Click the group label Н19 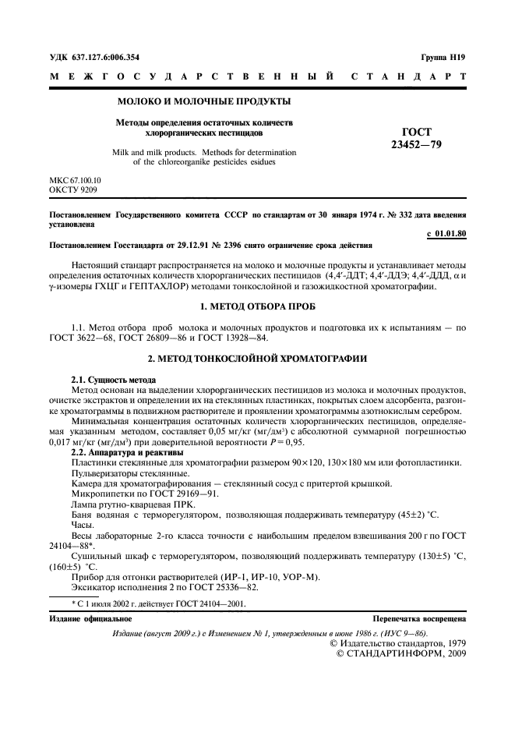coord(456,57)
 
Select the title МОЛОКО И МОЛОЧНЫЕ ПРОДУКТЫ coord(203,101)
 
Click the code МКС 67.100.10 coord(76,179)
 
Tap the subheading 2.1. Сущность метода coord(108,378)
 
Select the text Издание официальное coord(90,618)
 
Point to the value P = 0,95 coord(238,441)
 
